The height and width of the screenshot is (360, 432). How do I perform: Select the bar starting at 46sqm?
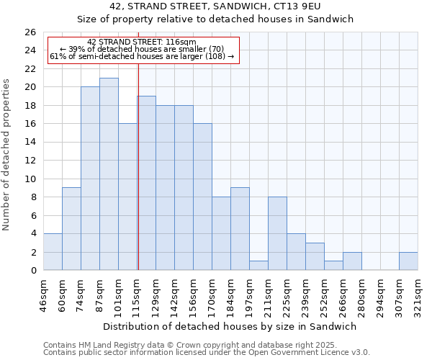coord(53,252)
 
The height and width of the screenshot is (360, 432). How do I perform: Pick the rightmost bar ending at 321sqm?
coord(408,261)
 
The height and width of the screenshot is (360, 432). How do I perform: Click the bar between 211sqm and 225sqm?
coord(277,233)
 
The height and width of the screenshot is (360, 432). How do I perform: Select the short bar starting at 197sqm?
coord(258,266)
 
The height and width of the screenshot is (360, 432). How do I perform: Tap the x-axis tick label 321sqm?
coord(418,296)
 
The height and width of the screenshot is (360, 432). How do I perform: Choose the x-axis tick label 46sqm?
coord(44,296)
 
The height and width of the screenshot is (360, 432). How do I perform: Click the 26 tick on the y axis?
coord(30,32)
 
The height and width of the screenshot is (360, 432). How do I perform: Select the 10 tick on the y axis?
coord(30,179)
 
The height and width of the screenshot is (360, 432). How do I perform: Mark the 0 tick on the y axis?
coord(32,271)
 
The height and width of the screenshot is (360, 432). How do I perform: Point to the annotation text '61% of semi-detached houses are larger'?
coord(141,56)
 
